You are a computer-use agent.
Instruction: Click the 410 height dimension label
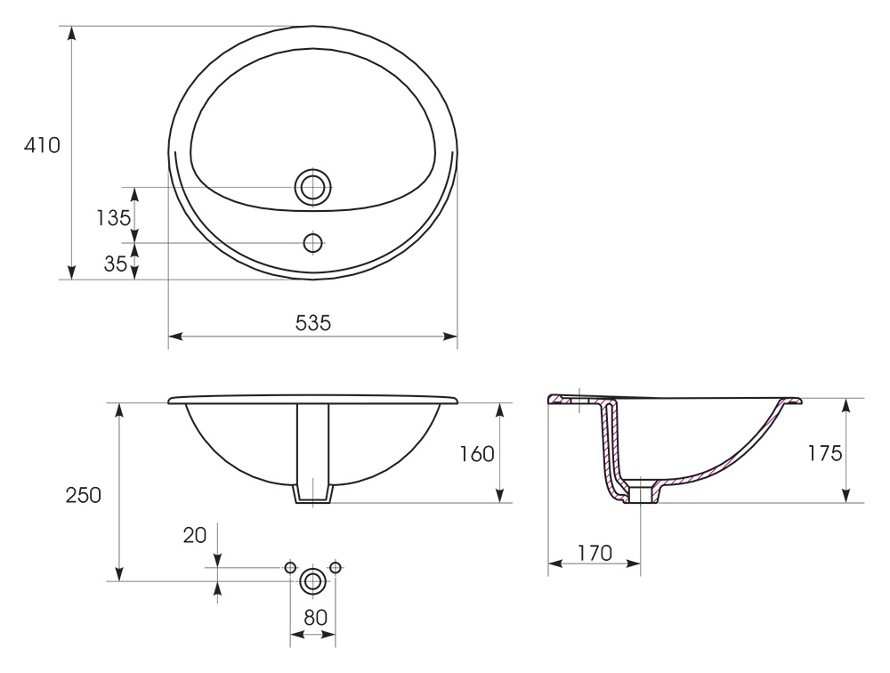click(42, 146)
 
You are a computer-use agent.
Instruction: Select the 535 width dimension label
click(312, 323)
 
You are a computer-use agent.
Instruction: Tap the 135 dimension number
click(114, 217)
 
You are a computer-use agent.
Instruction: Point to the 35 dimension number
click(115, 264)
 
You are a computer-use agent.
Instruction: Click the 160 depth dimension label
click(477, 454)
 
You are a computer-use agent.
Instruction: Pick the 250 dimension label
click(84, 495)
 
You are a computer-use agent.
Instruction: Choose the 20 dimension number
click(195, 535)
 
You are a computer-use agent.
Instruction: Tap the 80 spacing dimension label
click(316, 617)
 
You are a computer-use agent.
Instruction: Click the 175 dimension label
click(825, 453)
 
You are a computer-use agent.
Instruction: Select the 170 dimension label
click(595, 553)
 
